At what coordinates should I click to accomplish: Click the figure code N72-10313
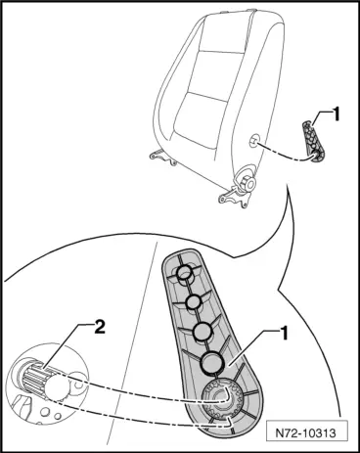[305, 433]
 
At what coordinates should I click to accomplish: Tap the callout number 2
[100, 328]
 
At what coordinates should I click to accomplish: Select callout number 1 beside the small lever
[336, 115]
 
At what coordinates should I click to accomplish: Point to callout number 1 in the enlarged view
[285, 334]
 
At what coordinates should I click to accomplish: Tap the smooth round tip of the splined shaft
[57, 387]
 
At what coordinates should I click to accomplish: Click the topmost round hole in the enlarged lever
[185, 273]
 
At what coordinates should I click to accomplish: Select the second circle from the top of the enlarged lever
[194, 301]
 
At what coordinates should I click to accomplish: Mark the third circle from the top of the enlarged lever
[202, 331]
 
